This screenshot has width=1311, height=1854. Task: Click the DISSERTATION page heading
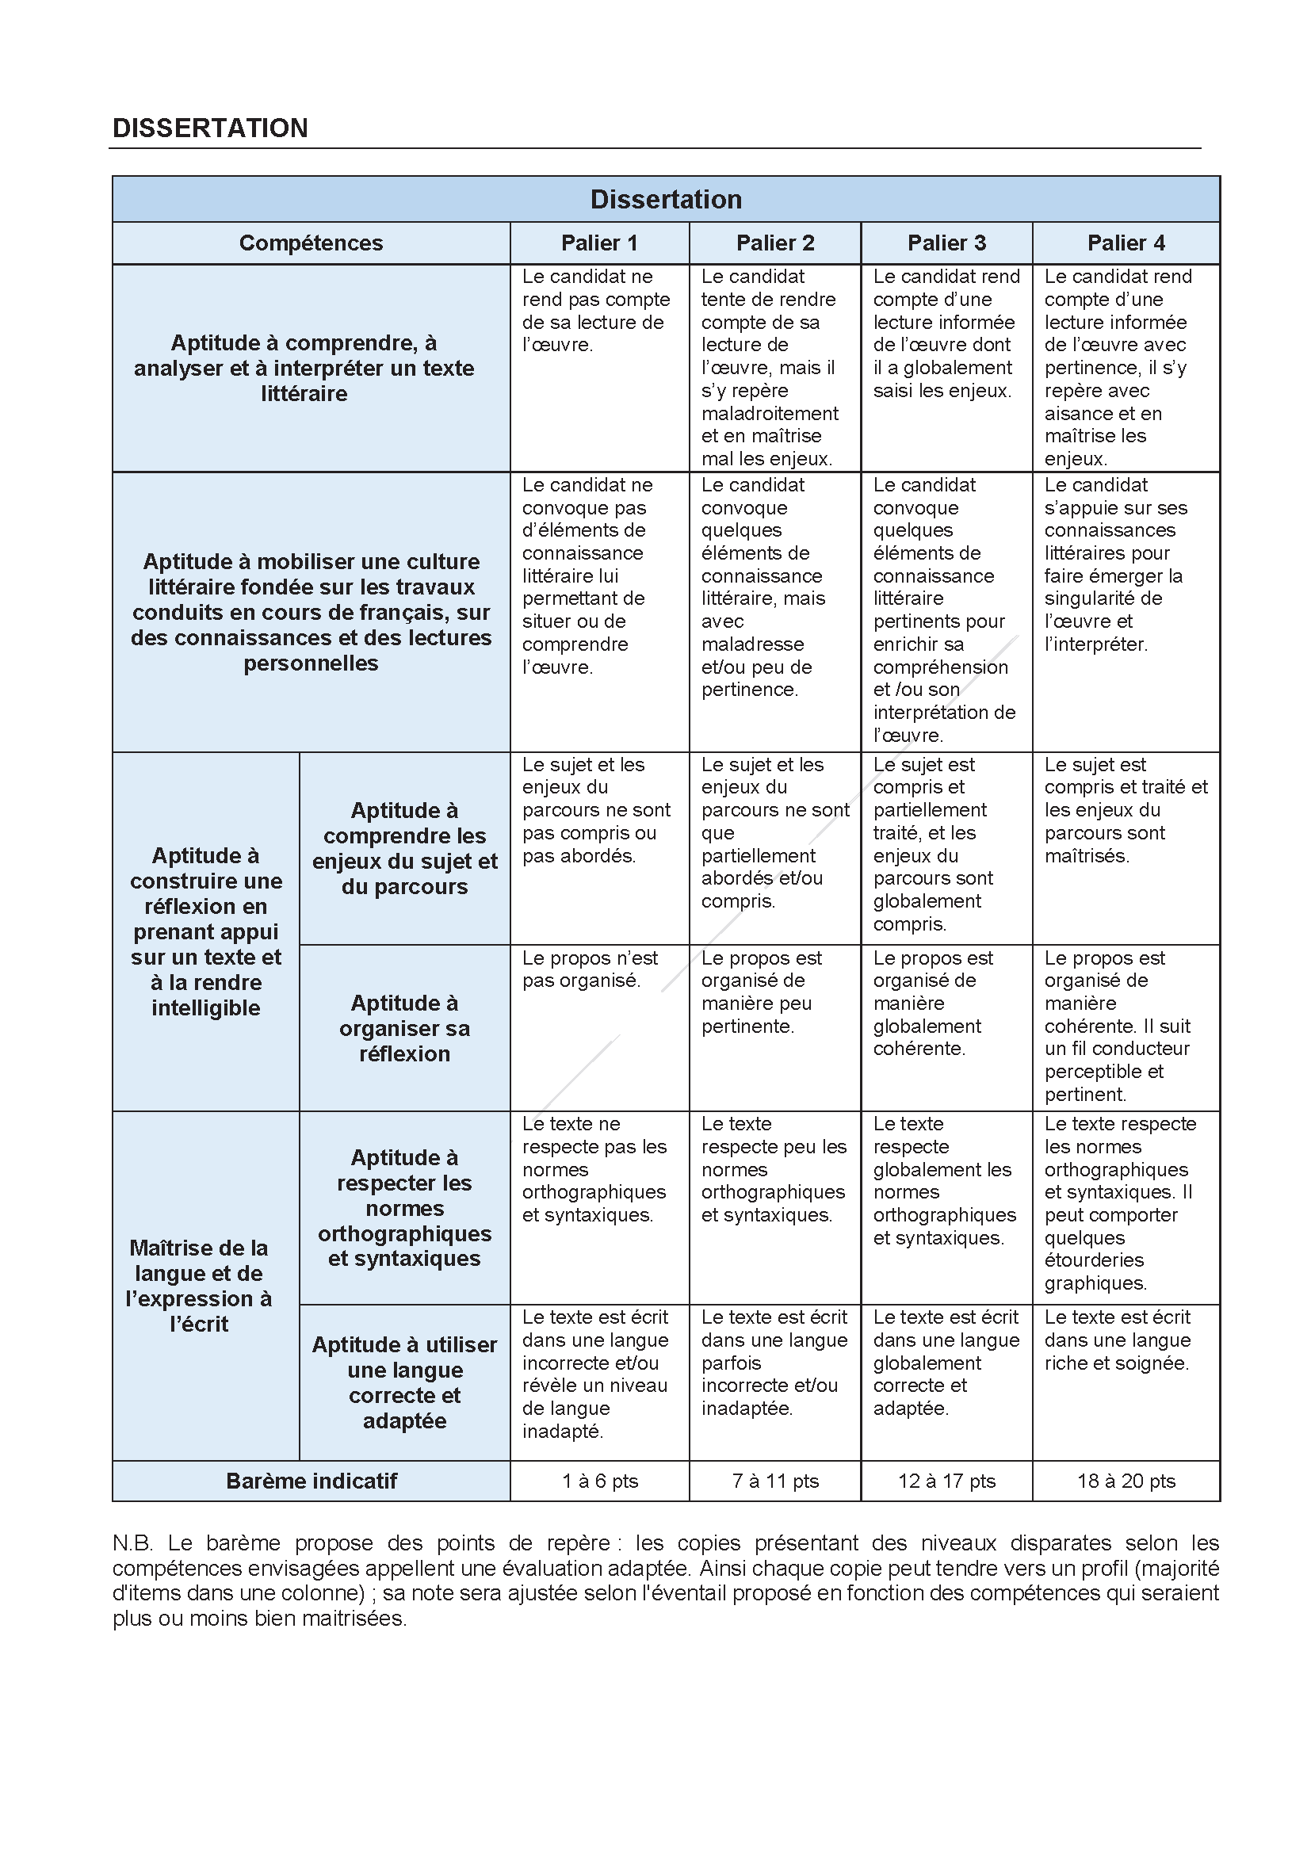210,128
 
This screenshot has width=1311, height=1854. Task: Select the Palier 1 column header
599,243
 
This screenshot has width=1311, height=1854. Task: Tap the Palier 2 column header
775,243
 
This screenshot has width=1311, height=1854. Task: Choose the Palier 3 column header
946,243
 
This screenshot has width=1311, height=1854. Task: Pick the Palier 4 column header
1126,243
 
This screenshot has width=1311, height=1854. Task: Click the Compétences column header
311,243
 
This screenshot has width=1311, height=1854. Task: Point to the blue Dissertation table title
665,200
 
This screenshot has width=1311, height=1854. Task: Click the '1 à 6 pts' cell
600,1481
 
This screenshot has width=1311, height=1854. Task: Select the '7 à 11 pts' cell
775,1481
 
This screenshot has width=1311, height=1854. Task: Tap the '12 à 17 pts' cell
946,1481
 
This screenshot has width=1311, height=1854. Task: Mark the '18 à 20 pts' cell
1126,1481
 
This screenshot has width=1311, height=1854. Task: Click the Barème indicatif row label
312,1481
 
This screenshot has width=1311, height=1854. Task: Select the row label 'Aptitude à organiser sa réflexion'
404,1028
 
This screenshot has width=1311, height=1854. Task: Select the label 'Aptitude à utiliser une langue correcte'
404,1382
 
